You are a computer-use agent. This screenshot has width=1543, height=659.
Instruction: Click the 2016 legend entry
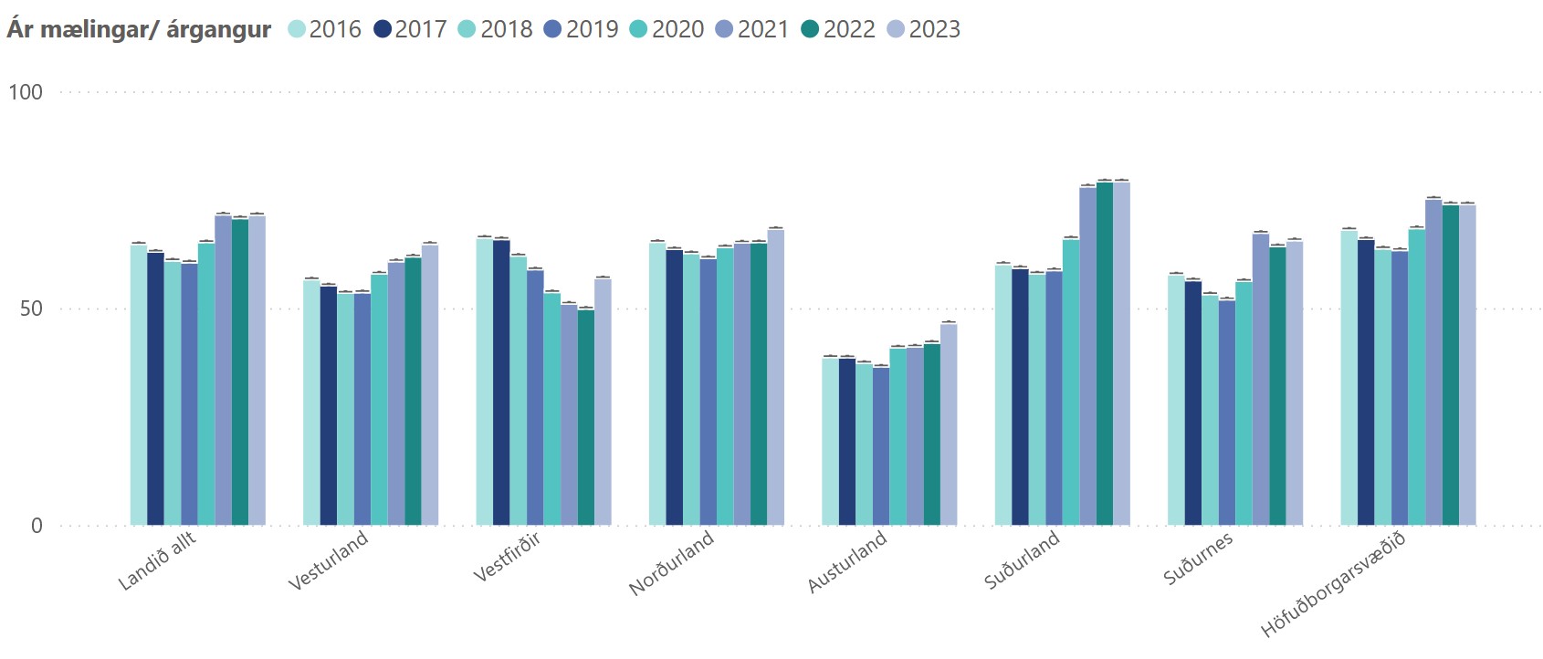coord(325,29)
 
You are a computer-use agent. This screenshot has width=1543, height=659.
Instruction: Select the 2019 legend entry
coord(582,29)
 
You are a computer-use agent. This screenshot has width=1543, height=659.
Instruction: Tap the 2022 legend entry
coord(839,29)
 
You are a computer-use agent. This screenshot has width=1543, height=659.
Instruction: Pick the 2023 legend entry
coord(924,29)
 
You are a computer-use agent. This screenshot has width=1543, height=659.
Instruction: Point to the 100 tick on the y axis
coord(26,91)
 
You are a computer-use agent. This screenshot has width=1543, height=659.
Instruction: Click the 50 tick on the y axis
coord(31,309)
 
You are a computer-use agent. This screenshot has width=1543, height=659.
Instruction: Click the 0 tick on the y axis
coord(37,526)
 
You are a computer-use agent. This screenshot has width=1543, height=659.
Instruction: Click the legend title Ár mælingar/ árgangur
coord(139,29)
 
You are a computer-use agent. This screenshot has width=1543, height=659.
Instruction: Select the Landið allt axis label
coord(157,560)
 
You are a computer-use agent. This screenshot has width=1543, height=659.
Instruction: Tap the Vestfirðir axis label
coord(508,556)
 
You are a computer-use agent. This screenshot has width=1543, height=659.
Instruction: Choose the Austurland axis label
coord(847,560)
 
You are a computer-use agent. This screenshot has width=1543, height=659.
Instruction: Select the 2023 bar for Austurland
coord(949,424)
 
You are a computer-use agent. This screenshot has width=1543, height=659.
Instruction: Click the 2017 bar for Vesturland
coord(329,405)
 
